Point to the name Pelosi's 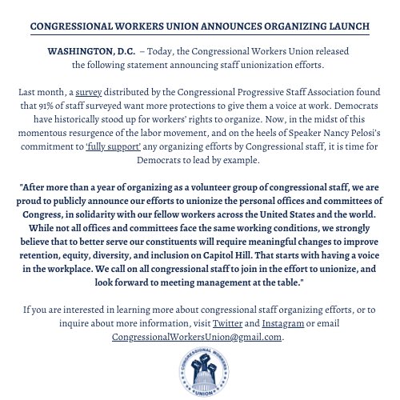pyautogui.click(x=354, y=133)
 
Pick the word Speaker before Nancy pyautogui.click(x=271, y=133)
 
